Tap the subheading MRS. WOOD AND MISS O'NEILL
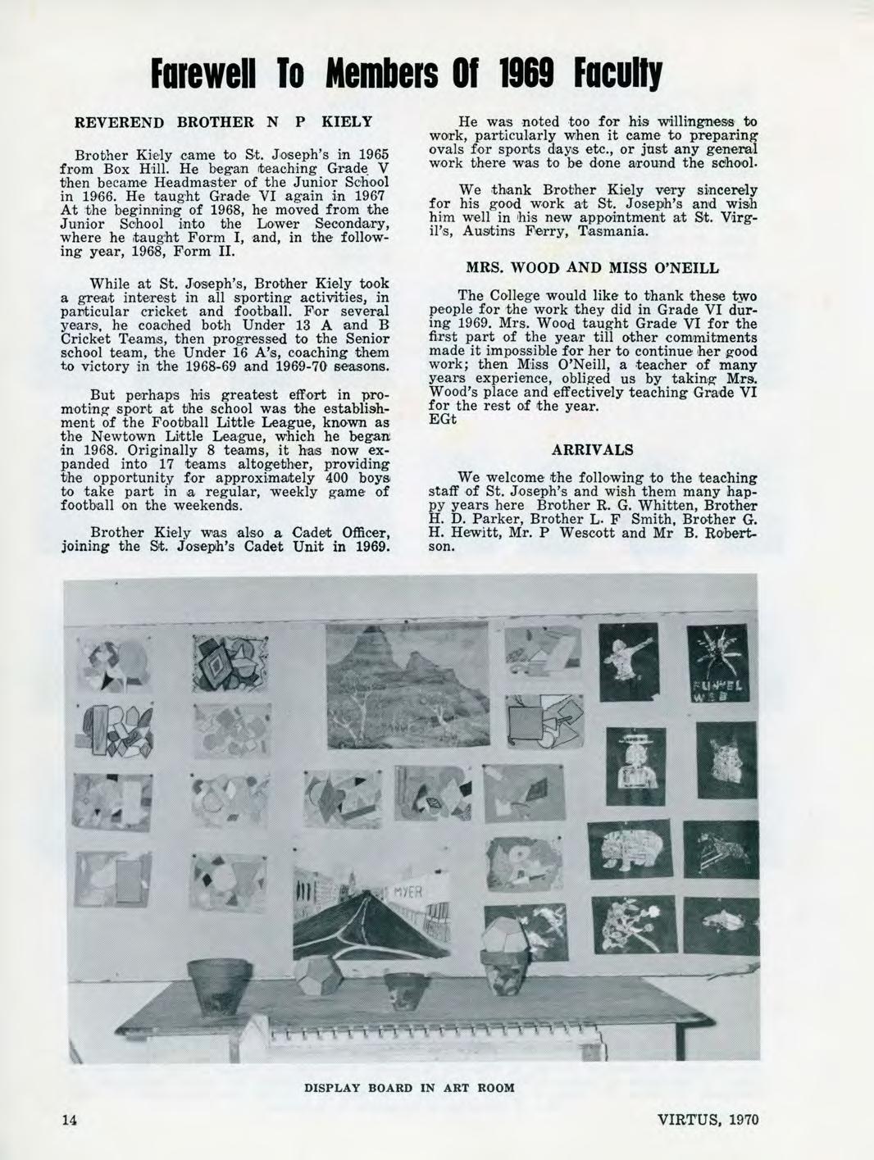pos(592,267)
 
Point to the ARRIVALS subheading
pos(592,450)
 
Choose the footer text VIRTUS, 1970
pos(709,1121)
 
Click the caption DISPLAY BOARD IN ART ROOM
pos(409,1088)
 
